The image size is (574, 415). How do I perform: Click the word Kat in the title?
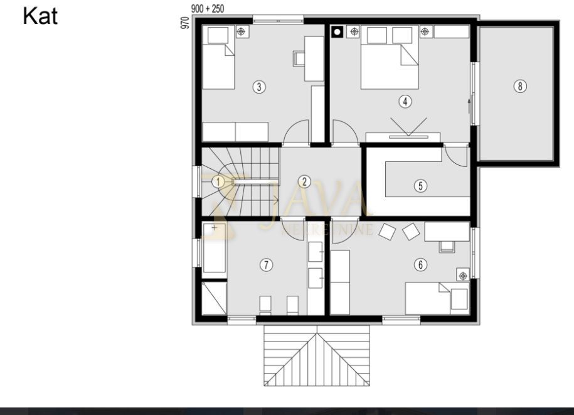click(40, 16)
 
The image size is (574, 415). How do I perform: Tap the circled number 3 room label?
click(258, 87)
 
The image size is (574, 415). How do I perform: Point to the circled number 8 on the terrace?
click(519, 86)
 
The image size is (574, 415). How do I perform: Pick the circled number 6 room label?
click(420, 265)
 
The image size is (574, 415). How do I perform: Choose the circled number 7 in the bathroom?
click(267, 265)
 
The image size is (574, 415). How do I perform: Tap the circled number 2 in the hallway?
click(304, 182)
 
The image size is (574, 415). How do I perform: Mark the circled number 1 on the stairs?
click(218, 181)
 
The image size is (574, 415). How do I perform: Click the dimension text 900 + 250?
click(208, 9)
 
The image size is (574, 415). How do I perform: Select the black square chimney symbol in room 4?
click(337, 31)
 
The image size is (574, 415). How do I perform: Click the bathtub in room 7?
click(214, 248)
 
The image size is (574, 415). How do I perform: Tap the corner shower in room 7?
click(214, 297)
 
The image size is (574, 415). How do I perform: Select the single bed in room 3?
click(218, 58)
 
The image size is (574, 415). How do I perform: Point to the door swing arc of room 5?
click(457, 156)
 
